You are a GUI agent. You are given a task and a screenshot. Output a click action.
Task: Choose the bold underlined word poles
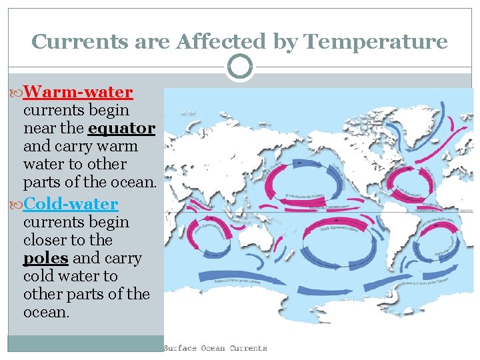pos(45,258)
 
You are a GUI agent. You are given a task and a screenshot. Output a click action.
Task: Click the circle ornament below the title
pos(240,67)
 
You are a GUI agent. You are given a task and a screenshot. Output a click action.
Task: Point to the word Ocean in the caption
pos(212,348)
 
